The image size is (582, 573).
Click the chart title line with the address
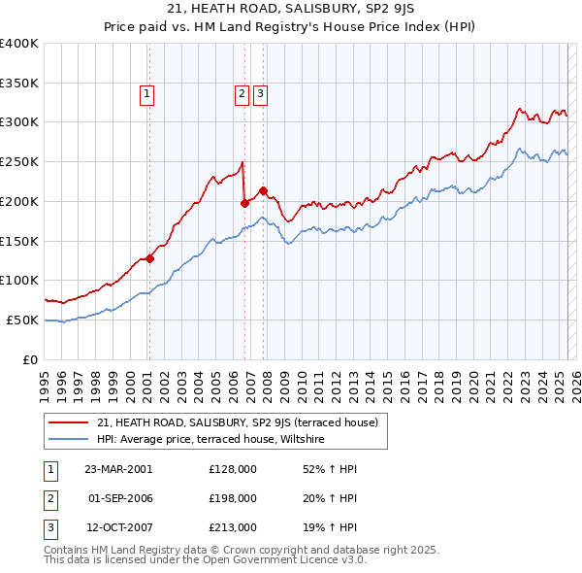point(290,9)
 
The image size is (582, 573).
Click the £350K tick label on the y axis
point(19,83)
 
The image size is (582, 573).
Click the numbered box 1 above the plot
point(146,94)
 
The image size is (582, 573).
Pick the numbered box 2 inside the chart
point(241,94)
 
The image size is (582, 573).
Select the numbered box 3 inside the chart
point(261,94)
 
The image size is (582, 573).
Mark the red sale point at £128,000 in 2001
point(149,258)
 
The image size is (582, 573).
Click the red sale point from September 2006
point(244,203)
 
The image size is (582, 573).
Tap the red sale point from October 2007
point(263,191)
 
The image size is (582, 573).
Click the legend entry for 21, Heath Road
point(242,422)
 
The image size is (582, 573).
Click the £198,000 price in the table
point(233,498)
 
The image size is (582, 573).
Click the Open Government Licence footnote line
point(205,560)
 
